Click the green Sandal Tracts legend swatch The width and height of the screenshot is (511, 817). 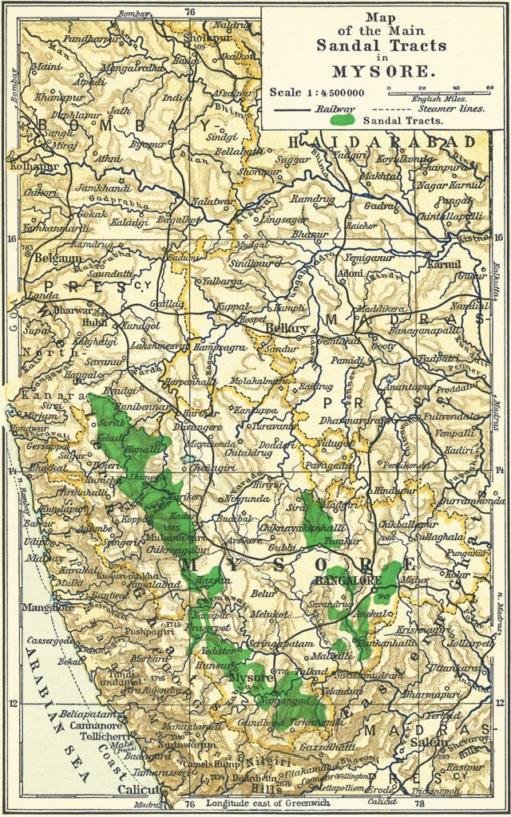(343, 120)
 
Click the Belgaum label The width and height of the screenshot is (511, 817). (57, 259)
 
